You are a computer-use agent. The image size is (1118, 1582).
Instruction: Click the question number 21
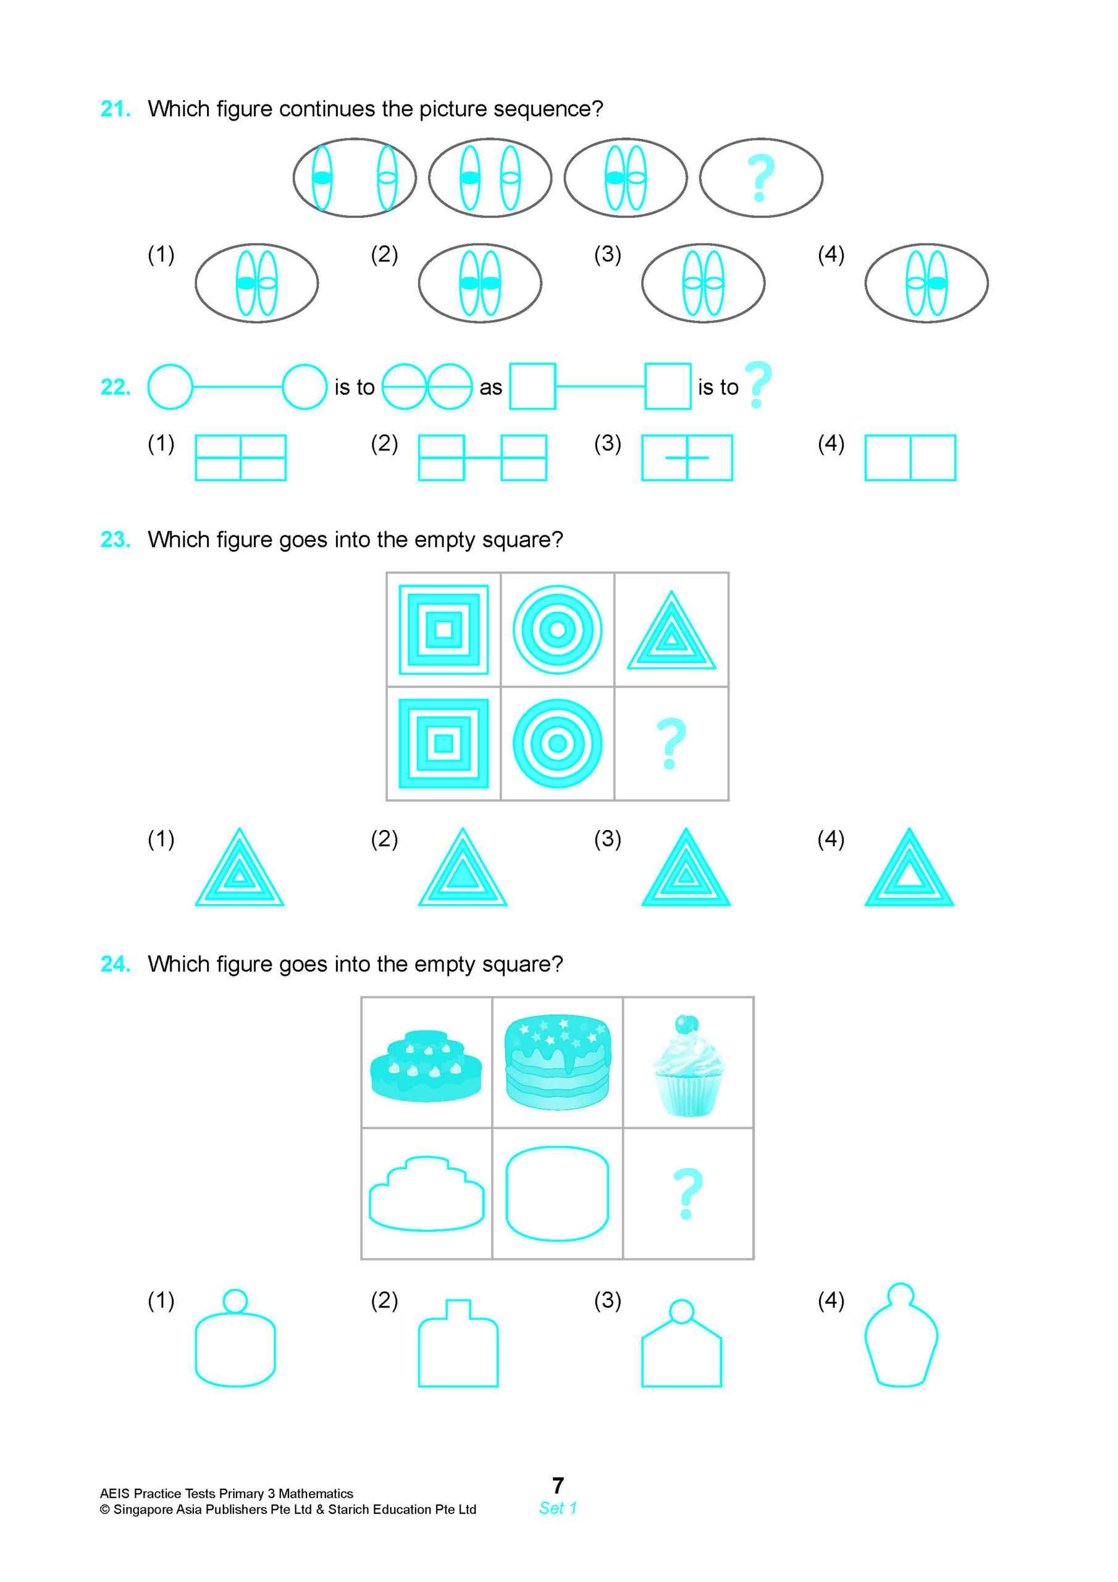tap(115, 109)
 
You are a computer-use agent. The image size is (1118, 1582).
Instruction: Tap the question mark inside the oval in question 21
tap(760, 178)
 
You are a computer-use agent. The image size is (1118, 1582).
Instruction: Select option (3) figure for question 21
tap(703, 282)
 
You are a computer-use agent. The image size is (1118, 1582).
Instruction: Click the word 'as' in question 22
tap(490, 388)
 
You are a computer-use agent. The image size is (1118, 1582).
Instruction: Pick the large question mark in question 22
tap(758, 384)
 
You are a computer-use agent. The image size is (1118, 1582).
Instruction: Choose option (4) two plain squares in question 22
tap(910, 457)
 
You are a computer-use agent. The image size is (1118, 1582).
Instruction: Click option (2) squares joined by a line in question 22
tap(482, 457)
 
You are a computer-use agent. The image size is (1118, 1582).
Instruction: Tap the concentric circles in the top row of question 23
tap(557, 629)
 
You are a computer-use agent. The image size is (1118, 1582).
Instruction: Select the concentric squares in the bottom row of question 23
tap(443, 743)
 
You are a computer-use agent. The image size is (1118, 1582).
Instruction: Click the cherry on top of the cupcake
tap(686, 1024)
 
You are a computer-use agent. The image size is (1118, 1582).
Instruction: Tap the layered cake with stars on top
tap(557, 1061)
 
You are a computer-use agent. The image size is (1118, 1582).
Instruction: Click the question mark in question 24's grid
tap(687, 1193)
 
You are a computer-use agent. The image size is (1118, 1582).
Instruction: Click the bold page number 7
tap(558, 1485)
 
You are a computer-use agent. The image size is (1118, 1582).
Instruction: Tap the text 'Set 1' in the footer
tap(558, 1508)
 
